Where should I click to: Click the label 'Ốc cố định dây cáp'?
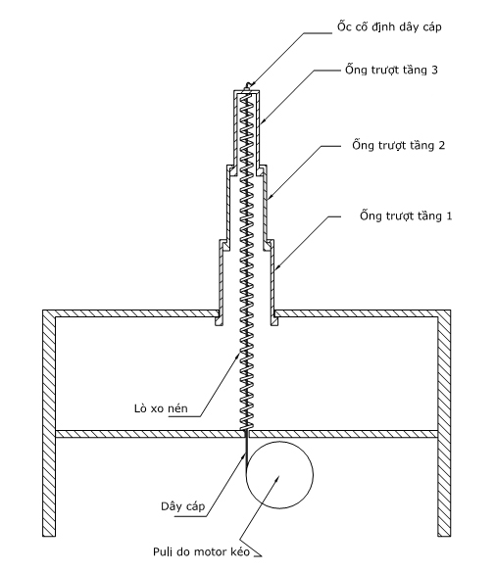[389, 26]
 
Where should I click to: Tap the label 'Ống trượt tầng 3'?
[391, 70]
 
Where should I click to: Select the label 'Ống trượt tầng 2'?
[399, 145]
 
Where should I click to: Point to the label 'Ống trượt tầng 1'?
[406, 215]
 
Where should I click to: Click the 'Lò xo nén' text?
[161, 408]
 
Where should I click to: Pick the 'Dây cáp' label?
[182, 506]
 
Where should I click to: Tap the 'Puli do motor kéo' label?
[202, 551]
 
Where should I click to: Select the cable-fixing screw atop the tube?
[249, 86]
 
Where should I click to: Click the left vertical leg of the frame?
[49, 423]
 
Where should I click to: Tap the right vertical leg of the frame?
[444, 423]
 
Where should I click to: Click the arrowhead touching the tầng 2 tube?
[271, 197]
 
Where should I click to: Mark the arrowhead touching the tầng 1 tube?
[277, 267]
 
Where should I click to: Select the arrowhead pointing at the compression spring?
[238, 356]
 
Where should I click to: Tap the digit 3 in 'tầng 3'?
[434, 70]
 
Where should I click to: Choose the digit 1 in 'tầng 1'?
[449, 215]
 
